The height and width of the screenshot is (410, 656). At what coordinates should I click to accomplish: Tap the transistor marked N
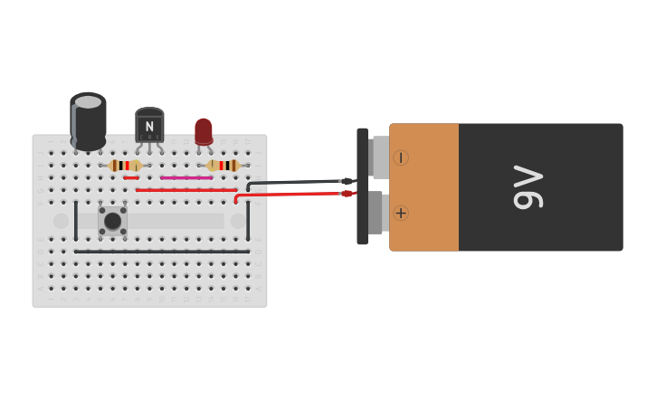coord(149,126)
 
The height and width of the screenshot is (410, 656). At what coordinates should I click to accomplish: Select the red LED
coord(204,130)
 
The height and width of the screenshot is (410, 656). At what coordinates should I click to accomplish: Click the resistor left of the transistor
coord(124,166)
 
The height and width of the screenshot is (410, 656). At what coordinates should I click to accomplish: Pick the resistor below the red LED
coord(223,166)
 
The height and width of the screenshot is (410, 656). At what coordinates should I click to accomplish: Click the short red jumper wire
coord(131,178)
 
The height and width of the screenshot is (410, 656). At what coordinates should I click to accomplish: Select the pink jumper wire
coord(186,178)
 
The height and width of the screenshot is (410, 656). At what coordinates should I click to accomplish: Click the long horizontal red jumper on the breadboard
coord(185,190)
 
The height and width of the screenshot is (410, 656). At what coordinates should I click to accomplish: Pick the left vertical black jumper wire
coord(76,220)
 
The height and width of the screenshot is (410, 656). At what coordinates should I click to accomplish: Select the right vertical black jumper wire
coord(248,220)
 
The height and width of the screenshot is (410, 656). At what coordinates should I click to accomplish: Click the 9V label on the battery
coord(527,187)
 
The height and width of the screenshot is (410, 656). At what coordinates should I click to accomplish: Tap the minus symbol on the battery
coord(401,157)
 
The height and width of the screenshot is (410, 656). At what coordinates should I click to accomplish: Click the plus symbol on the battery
coord(401,213)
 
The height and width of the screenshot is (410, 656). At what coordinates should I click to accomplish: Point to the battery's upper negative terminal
coord(380,157)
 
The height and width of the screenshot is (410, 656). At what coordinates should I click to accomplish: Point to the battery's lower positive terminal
coord(379,214)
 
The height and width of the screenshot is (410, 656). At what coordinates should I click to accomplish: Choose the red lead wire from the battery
coord(290,195)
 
